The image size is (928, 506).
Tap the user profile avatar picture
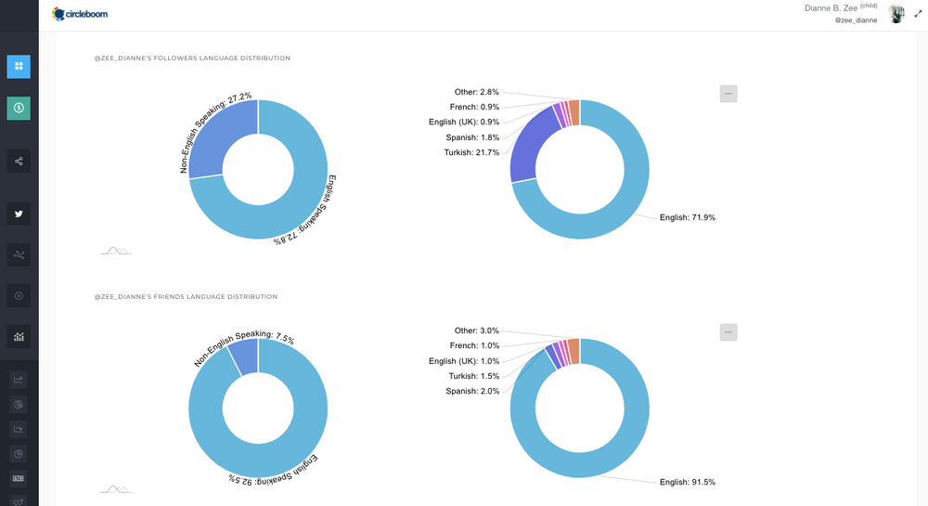896,14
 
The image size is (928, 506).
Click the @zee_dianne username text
856,19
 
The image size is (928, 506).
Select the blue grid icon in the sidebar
19,67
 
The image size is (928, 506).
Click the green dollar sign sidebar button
19,109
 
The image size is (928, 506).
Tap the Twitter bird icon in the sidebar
19,214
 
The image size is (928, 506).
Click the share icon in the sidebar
19,162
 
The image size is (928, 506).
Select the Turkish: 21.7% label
471,152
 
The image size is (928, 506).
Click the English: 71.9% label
687,217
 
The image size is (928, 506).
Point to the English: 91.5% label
687,482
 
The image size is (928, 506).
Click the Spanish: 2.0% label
471,391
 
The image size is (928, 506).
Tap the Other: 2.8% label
476,92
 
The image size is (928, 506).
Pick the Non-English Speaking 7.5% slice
244,357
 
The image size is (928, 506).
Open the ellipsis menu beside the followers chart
728,93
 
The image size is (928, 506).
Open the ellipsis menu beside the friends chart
728,332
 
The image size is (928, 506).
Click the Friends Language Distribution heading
186,297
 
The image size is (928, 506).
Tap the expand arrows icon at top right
918,14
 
